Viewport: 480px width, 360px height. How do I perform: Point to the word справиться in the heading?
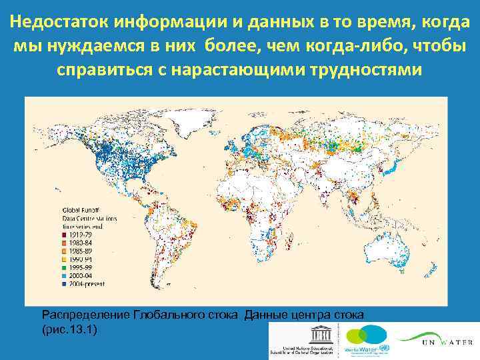[111, 69]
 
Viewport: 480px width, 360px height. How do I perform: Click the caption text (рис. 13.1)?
[69, 329]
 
